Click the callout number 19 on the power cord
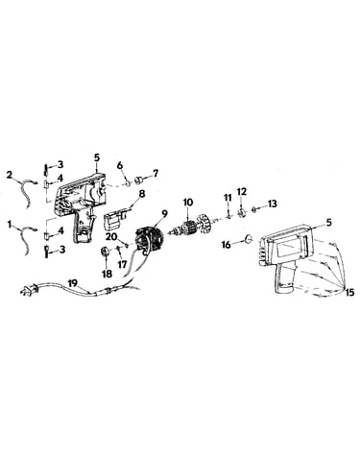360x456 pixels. (x=73, y=283)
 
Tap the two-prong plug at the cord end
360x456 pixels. (x=28, y=290)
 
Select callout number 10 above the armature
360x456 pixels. (x=188, y=203)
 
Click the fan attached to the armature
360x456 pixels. (x=204, y=221)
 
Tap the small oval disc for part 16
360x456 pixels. (x=250, y=238)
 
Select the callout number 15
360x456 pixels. (x=349, y=292)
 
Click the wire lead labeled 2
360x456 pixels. (x=27, y=191)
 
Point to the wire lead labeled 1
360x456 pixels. (x=27, y=240)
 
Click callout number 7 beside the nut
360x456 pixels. (x=156, y=174)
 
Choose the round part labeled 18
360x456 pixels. (x=106, y=252)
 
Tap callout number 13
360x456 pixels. (x=273, y=204)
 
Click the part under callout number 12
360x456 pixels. (x=242, y=212)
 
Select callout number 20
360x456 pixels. (x=113, y=237)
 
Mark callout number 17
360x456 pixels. (x=121, y=256)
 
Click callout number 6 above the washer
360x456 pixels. (x=120, y=165)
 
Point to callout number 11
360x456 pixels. (x=228, y=198)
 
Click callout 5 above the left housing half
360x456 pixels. (x=97, y=157)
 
